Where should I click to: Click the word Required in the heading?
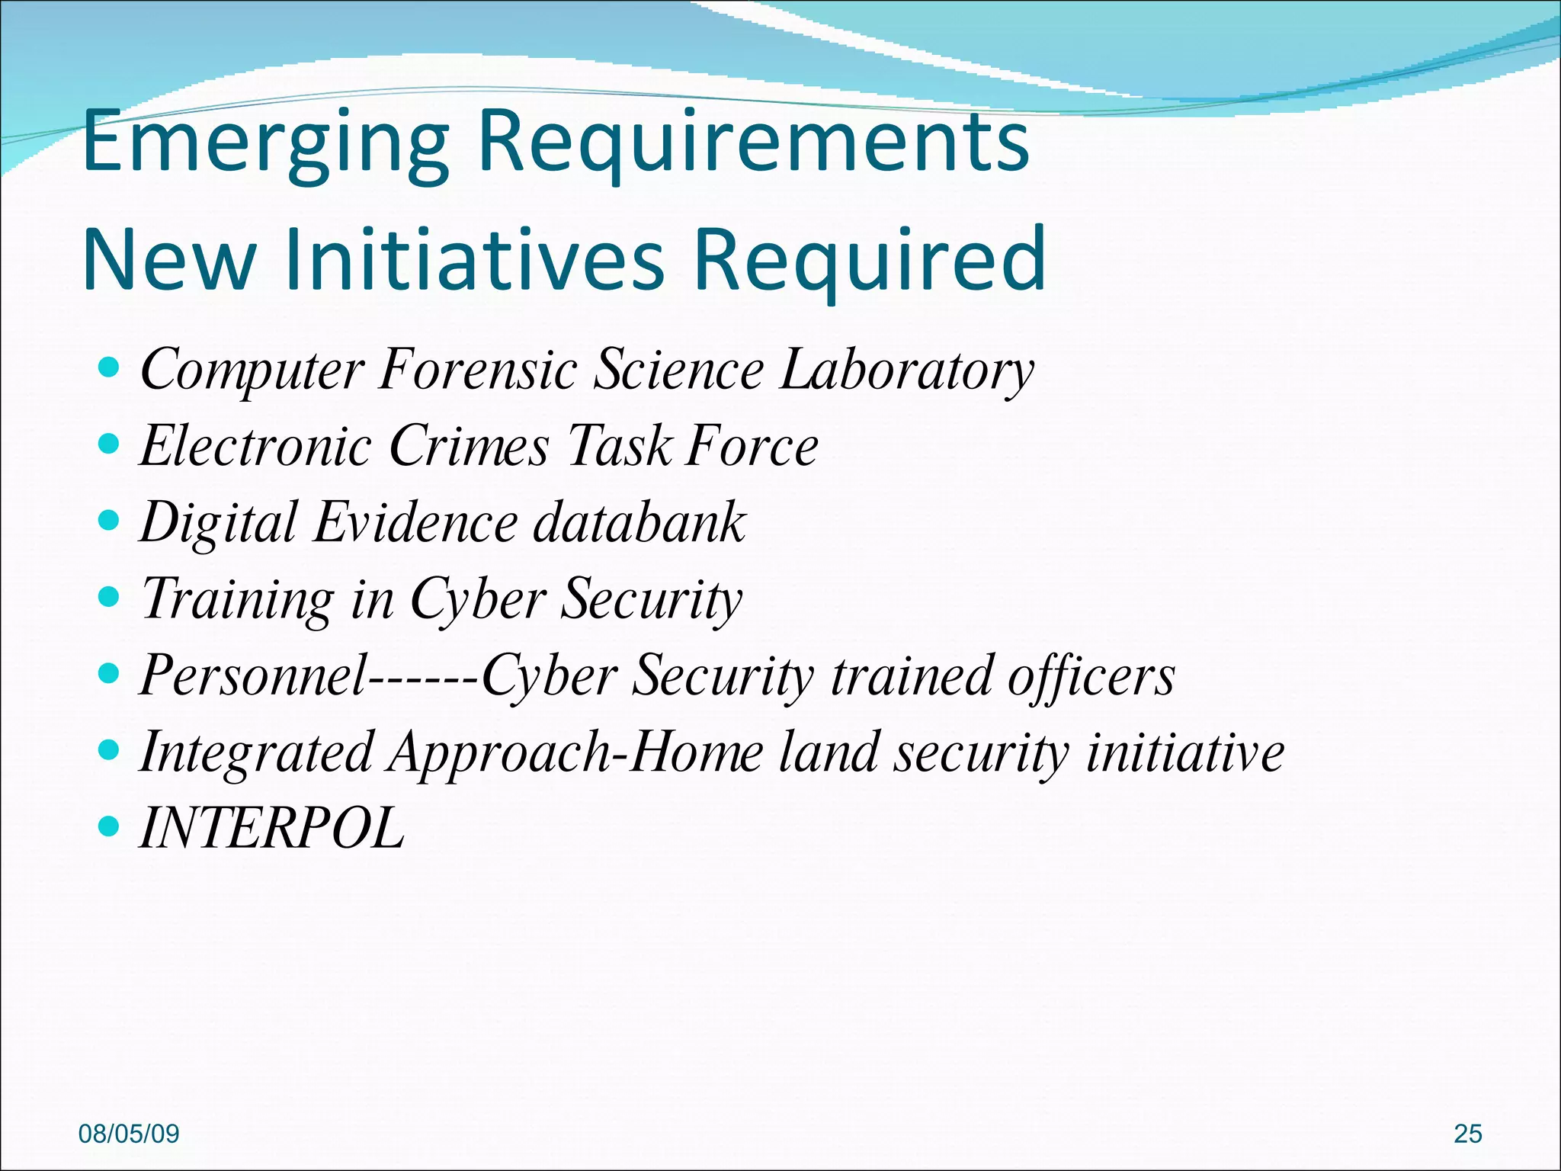(x=869, y=261)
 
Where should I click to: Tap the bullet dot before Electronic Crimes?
(x=110, y=444)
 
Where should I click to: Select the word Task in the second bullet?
(x=620, y=446)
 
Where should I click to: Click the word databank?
(x=639, y=523)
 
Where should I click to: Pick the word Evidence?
(x=415, y=523)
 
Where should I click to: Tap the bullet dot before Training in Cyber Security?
(x=110, y=597)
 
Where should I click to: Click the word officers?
(x=1091, y=675)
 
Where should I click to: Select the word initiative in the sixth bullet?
(x=1185, y=752)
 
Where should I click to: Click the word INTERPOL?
(x=272, y=828)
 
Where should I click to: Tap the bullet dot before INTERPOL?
(x=110, y=826)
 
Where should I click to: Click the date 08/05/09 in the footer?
(x=129, y=1134)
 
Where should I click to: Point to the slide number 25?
(x=1467, y=1134)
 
